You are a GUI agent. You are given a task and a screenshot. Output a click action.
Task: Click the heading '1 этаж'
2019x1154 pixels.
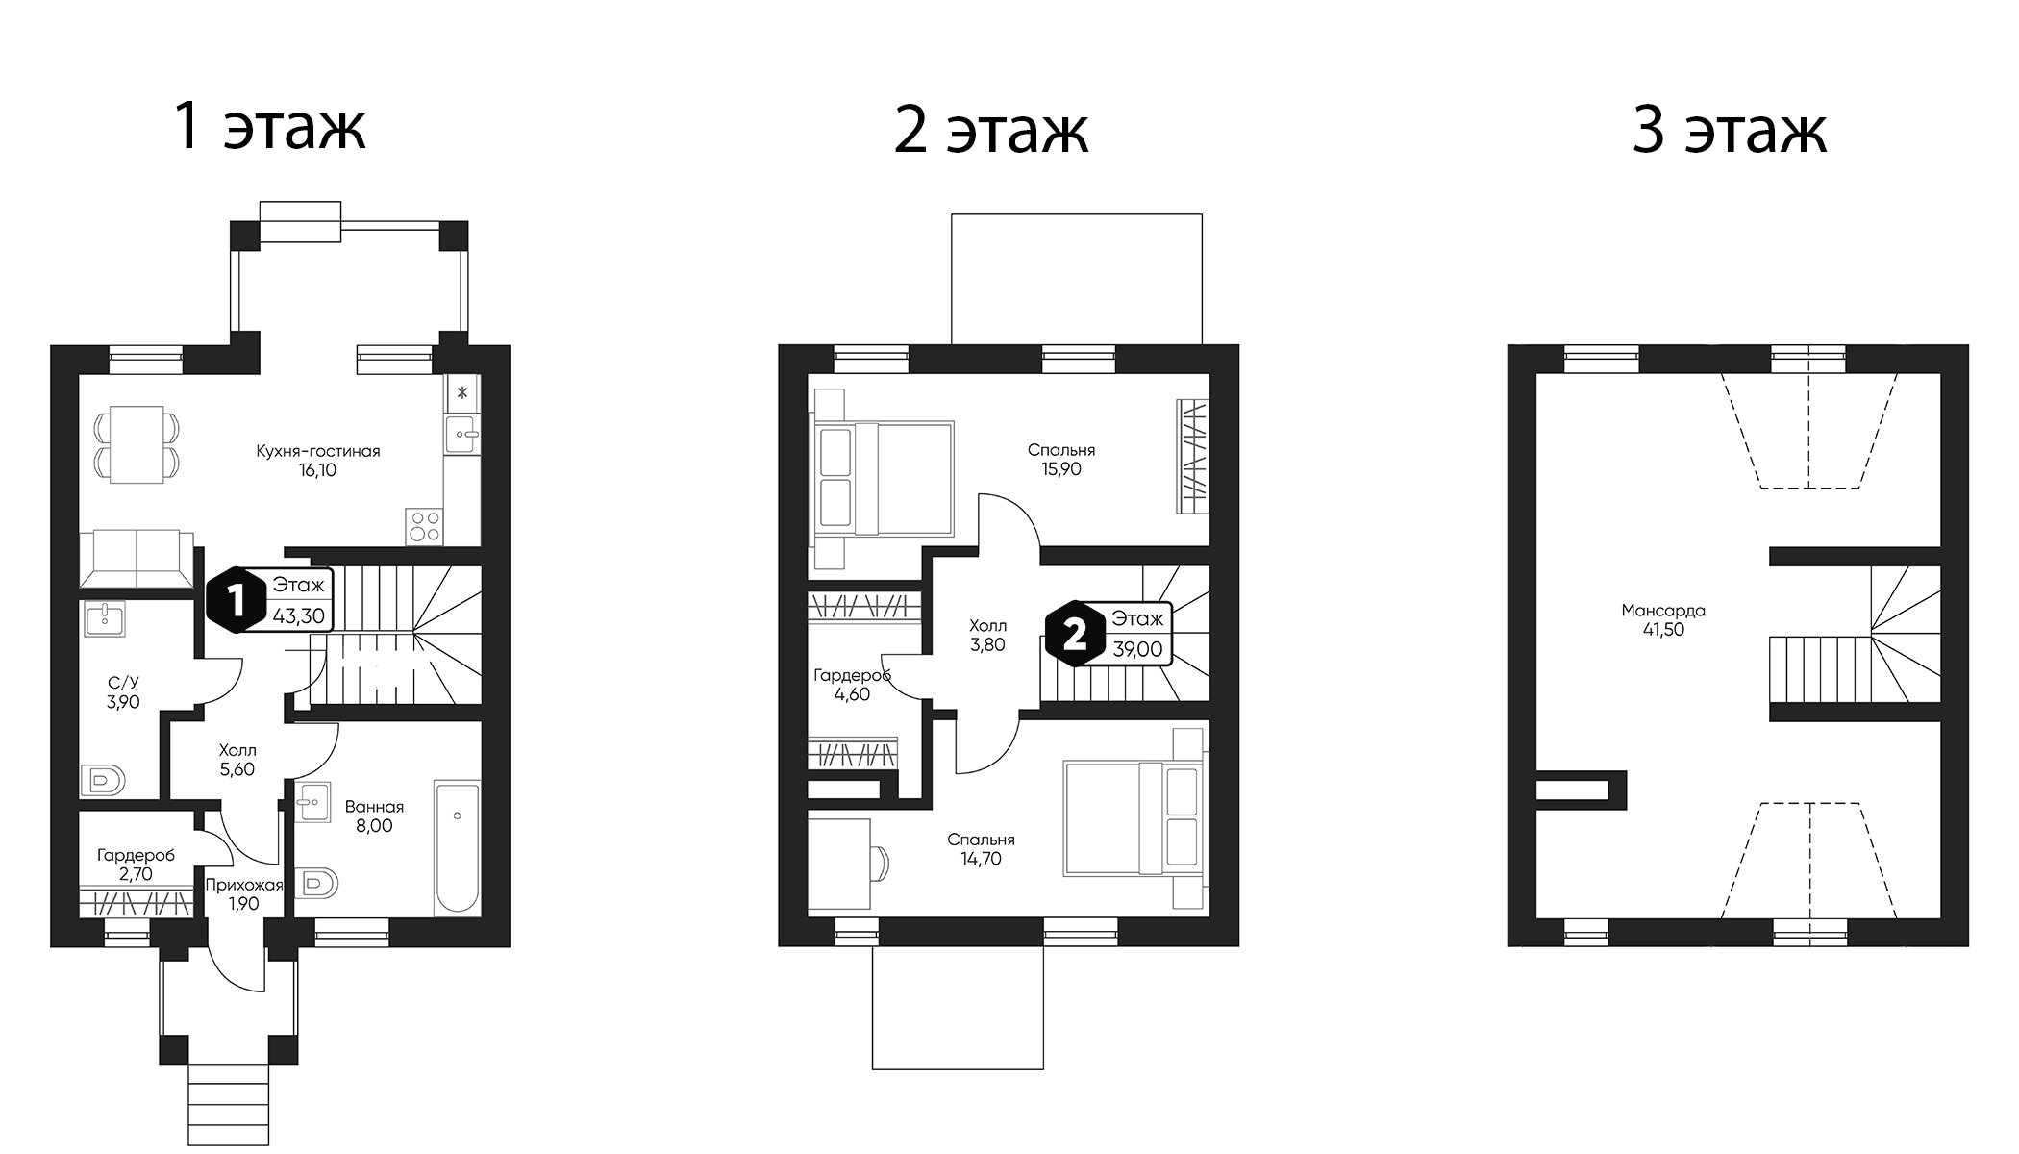pyautogui.click(x=269, y=127)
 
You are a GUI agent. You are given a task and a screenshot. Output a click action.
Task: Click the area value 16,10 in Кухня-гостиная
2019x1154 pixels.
pyautogui.click(x=317, y=471)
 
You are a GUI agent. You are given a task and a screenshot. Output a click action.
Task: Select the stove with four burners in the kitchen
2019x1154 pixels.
pyautogui.click(x=424, y=526)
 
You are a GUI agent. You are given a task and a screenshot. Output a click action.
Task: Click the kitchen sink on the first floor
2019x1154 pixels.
pyautogui.click(x=462, y=435)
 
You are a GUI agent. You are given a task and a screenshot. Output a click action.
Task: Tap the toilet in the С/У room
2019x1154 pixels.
pyautogui.click(x=103, y=780)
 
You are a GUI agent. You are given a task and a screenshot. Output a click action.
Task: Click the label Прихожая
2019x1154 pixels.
pyautogui.click(x=244, y=885)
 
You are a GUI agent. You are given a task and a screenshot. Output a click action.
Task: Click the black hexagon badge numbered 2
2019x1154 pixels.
pyautogui.click(x=1074, y=634)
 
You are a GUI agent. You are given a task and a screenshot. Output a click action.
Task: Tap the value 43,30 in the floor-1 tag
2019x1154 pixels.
pyautogui.click(x=299, y=616)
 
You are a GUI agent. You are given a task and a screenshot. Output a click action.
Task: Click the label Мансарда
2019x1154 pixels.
pyautogui.click(x=1662, y=611)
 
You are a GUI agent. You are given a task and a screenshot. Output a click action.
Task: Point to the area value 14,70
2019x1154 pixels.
pyautogui.click(x=980, y=860)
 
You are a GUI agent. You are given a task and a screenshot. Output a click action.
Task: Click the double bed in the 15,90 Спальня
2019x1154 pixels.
pyautogui.click(x=883, y=478)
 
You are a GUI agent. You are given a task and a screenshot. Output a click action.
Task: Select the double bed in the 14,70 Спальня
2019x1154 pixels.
pyautogui.click(x=1134, y=818)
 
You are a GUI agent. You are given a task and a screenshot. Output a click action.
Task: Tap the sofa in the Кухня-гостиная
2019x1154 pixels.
pyautogui.click(x=136, y=558)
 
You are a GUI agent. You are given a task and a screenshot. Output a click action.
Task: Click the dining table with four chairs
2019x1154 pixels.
pyautogui.click(x=137, y=444)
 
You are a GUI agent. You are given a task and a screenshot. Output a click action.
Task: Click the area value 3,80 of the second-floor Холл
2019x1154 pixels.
pyautogui.click(x=987, y=645)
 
